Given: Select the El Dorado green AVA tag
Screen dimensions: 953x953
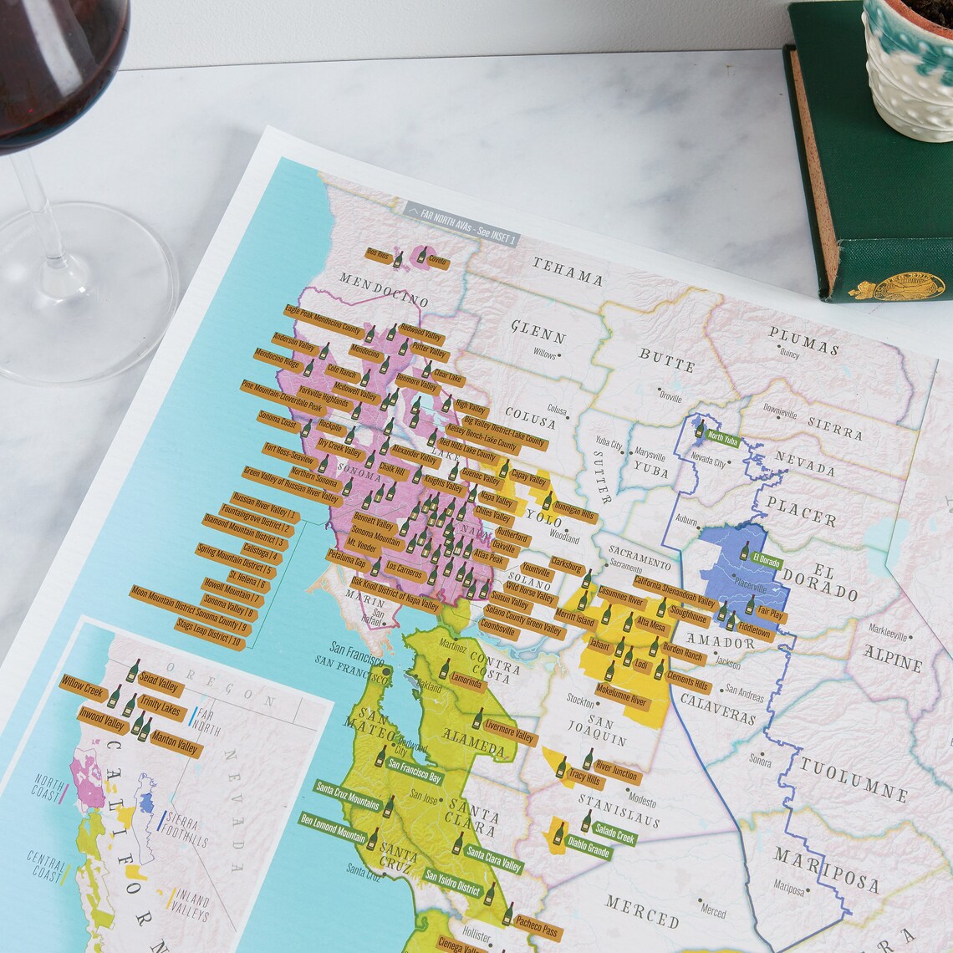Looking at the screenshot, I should [766, 560].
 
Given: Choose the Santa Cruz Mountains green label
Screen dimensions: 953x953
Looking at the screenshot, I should [348, 796].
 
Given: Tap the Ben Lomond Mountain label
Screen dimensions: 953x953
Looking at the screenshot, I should [333, 828].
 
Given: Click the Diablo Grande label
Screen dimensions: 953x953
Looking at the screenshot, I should [589, 847].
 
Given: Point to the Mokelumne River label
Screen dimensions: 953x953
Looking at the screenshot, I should [621, 696].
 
